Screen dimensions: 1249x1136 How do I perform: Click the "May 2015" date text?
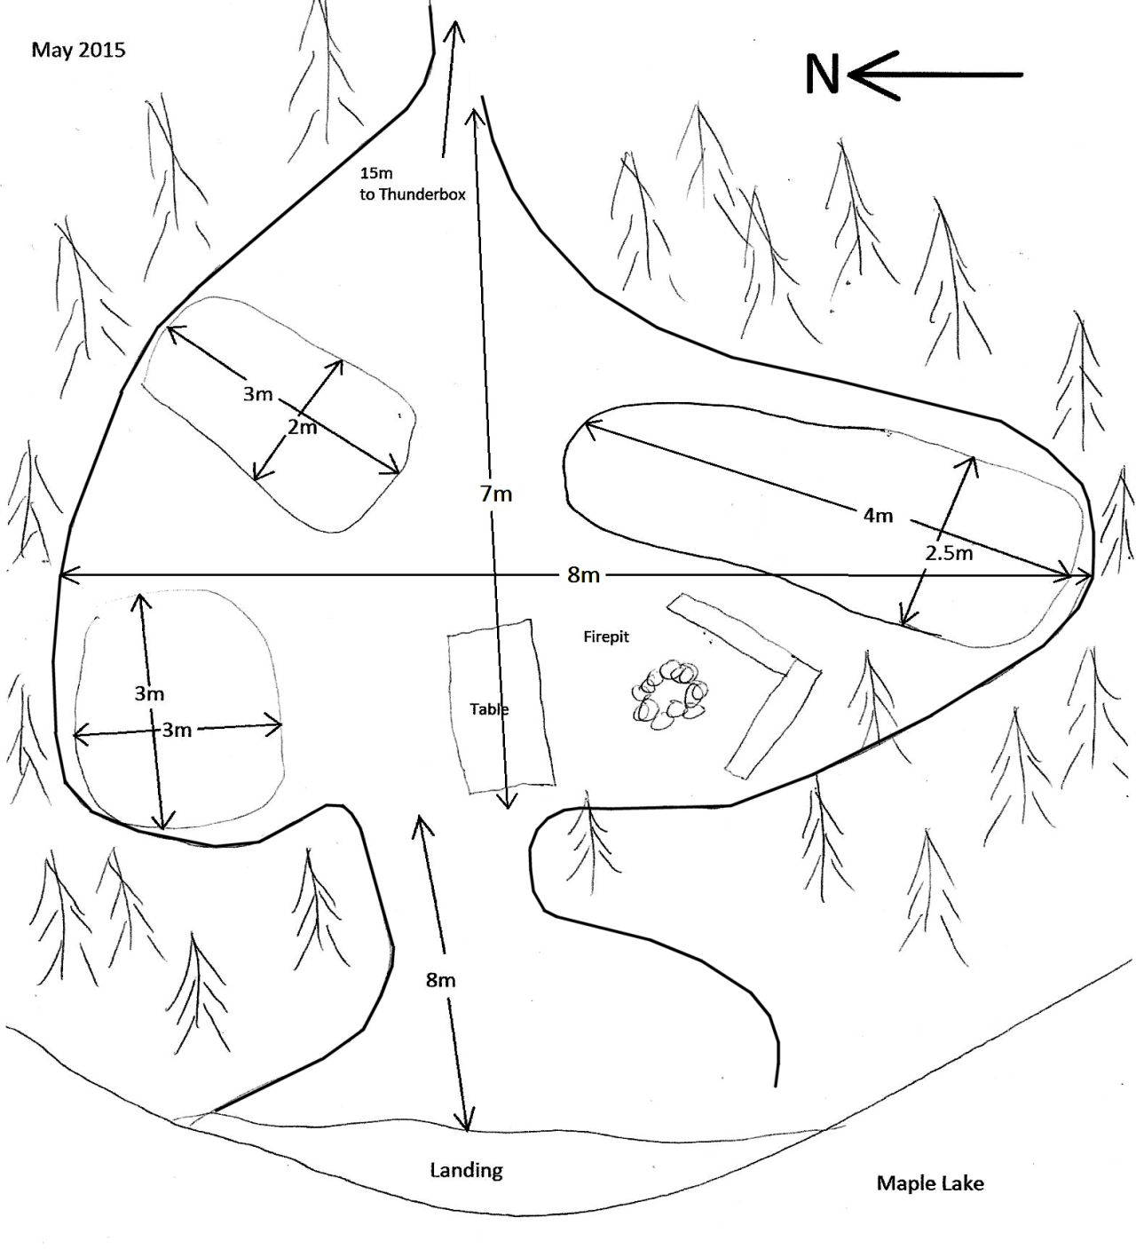pos(78,51)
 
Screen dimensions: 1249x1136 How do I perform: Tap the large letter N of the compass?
pos(822,75)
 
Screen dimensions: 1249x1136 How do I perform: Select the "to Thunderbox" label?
pos(413,195)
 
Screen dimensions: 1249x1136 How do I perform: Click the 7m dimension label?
pos(496,494)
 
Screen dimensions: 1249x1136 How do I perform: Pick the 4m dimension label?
pos(878,515)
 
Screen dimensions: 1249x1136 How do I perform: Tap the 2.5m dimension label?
pos(949,554)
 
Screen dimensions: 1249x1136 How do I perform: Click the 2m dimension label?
pos(303,427)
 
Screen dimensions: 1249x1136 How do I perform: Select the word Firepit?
pos(606,636)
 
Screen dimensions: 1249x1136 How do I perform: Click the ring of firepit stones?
pos(671,694)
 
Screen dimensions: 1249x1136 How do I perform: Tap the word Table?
pos(489,709)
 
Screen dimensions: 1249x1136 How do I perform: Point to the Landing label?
pos(466,1170)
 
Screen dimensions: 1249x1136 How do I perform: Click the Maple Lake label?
pos(930,1182)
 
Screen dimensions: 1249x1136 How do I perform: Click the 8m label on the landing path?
pos(440,980)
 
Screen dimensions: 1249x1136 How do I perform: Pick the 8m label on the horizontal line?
pos(583,576)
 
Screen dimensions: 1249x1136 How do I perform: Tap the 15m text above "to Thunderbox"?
pos(376,173)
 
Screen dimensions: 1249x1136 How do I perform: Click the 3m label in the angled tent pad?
pos(258,394)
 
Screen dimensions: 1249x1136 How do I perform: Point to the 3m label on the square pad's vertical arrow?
pos(149,694)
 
